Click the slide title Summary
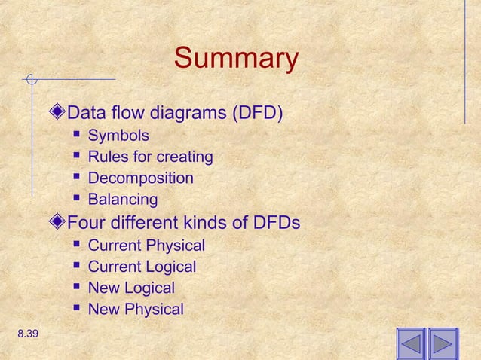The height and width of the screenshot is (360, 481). [x=236, y=59]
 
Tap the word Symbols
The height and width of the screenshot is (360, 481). [x=118, y=136]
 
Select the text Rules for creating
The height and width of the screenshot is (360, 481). [x=150, y=157]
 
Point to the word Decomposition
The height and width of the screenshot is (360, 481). [x=140, y=178]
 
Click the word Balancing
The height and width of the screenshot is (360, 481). [x=123, y=200]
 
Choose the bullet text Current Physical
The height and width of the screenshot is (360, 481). [x=146, y=246]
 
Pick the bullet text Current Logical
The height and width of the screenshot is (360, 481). [x=142, y=267]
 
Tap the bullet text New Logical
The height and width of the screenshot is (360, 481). [x=131, y=288]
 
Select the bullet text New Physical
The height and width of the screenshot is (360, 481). [x=136, y=309]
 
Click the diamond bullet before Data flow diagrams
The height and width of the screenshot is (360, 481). [x=60, y=114]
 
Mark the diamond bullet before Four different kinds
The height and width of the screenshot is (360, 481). [x=60, y=224]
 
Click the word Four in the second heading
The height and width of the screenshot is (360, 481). [x=85, y=224]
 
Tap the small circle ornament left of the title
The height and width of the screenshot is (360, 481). [x=31, y=78]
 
